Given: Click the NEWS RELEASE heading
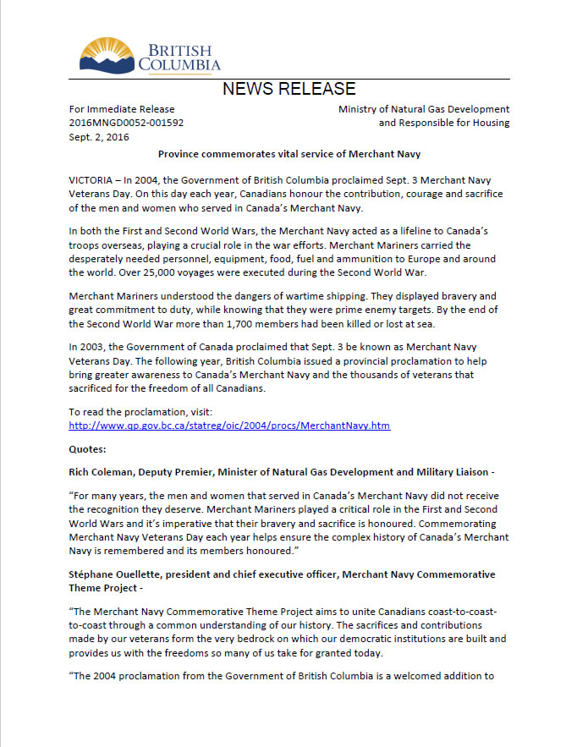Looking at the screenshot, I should point(288,89).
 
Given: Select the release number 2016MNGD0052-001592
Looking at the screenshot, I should point(126,123).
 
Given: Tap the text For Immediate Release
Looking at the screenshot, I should point(121,109).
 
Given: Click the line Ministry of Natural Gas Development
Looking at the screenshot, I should point(424,109).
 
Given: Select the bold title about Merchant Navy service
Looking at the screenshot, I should point(288,154).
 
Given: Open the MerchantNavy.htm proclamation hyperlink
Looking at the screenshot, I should point(228,426).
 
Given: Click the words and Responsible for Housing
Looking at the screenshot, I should point(443,123).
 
